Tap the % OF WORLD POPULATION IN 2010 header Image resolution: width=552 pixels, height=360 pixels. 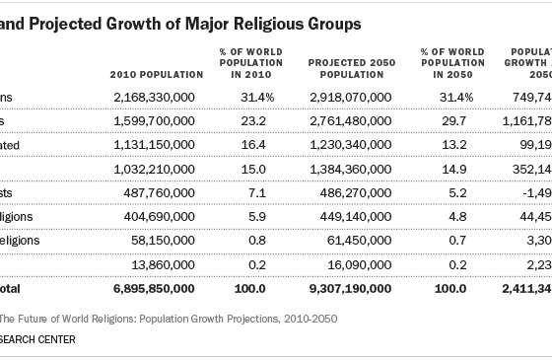tap(251, 61)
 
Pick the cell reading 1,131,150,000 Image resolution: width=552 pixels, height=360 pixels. tap(159, 142)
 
